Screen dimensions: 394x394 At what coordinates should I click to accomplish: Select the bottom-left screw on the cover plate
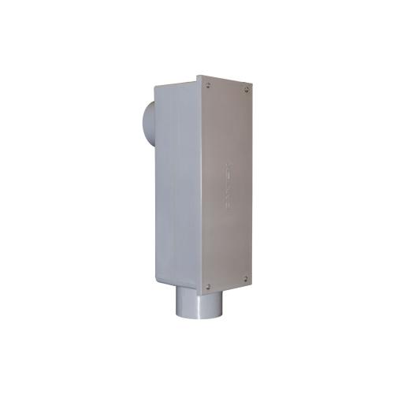(x=208, y=286)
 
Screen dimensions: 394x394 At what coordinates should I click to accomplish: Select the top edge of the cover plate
(x=227, y=78)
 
